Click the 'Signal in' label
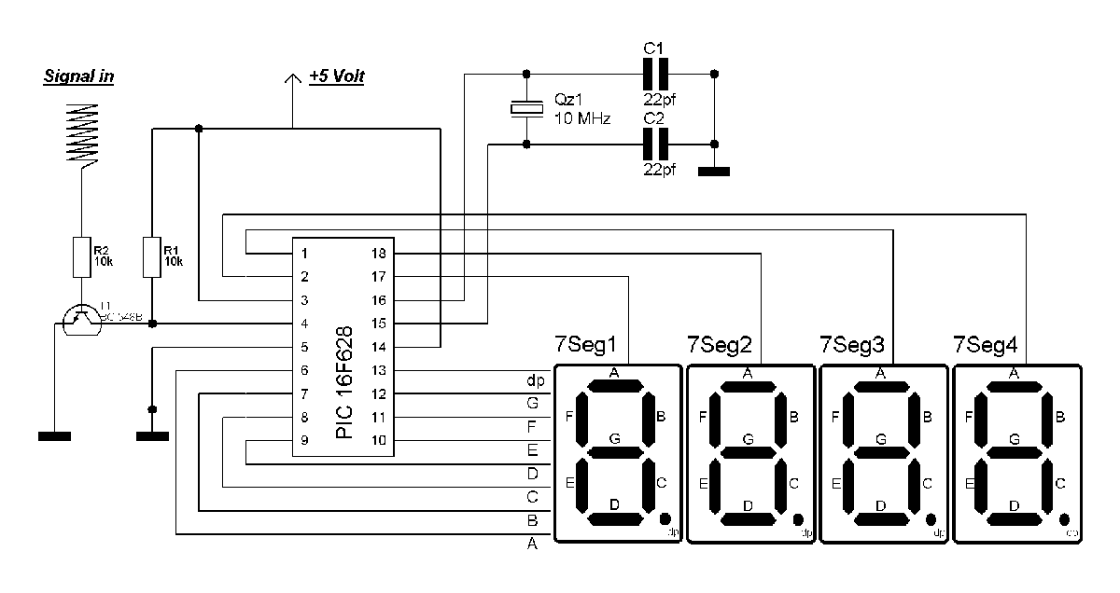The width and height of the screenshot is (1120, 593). pyautogui.click(x=79, y=76)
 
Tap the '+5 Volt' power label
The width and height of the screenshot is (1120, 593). pyautogui.click(x=336, y=76)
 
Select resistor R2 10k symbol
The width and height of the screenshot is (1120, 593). pyautogui.click(x=81, y=256)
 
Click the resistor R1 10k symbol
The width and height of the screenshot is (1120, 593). pyautogui.click(x=153, y=256)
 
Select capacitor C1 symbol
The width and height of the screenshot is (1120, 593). pyautogui.click(x=656, y=73)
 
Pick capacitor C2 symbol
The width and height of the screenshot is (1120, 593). pyautogui.click(x=656, y=145)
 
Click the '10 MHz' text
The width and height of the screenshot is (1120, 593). pyautogui.click(x=582, y=118)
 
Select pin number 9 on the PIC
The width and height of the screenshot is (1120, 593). pyautogui.click(x=303, y=440)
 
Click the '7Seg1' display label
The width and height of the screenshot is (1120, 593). pyautogui.click(x=586, y=345)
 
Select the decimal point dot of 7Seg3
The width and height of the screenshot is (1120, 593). pyautogui.click(x=931, y=518)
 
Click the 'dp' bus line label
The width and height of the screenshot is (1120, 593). pyautogui.click(x=535, y=380)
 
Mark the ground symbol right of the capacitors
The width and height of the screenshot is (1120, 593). pyautogui.click(x=715, y=172)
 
